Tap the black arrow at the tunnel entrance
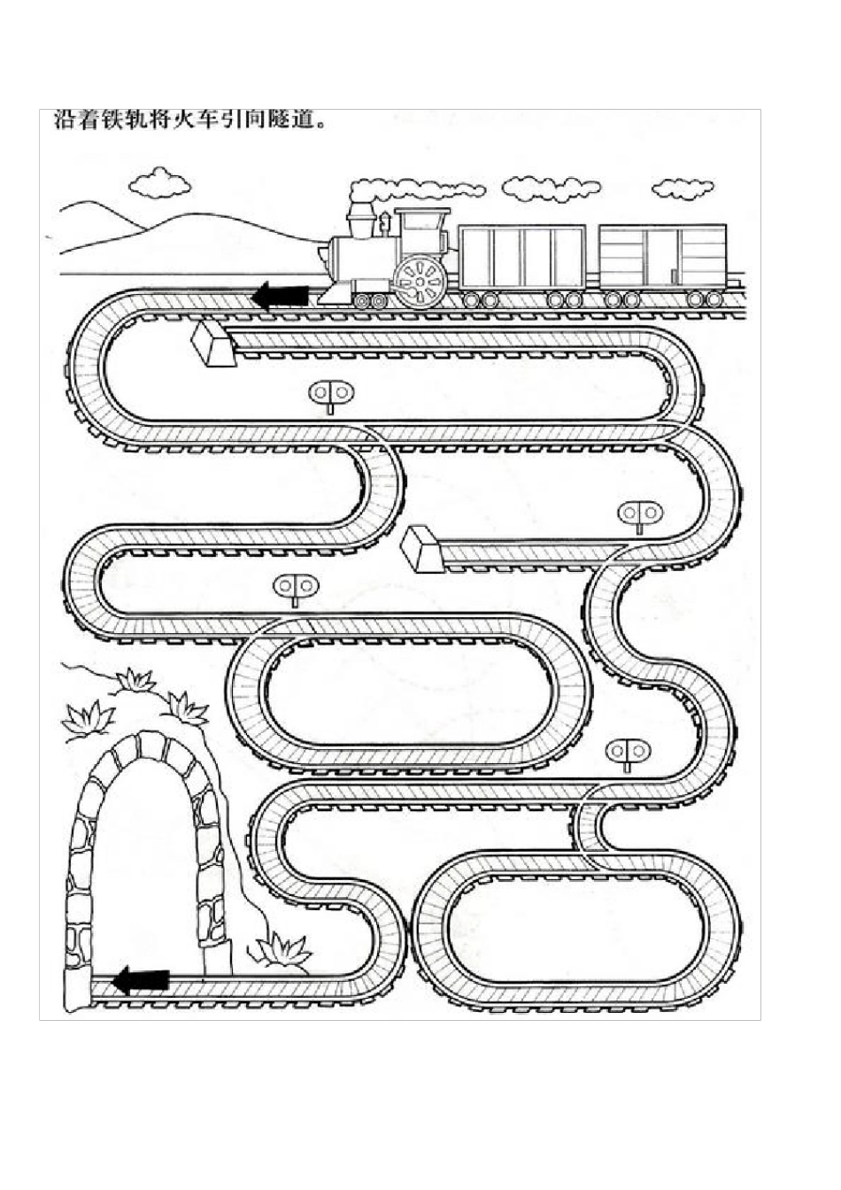click(x=141, y=980)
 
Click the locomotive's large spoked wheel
click(x=420, y=281)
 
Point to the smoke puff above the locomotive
click(x=416, y=189)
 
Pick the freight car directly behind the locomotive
click(x=522, y=257)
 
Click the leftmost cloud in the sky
click(x=159, y=182)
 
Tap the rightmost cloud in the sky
click(x=682, y=188)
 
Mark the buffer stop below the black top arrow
click(x=212, y=343)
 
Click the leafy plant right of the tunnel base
click(x=282, y=950)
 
